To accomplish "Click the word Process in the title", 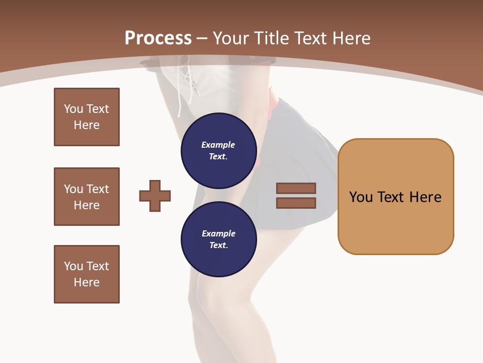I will click(x=158, y=38).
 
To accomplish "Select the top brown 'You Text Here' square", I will click(x=87, y=117).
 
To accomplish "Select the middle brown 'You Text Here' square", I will click(x=87, y=197).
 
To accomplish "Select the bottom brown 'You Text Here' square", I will click(x=87, y=274).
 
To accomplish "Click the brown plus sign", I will click(x=155, y=196).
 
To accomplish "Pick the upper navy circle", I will click(x=219, y=151).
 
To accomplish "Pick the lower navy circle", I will click(x=219, y=239).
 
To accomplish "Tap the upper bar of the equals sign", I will click(x=296, y=188).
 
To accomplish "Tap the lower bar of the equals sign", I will click(x=296, y=203).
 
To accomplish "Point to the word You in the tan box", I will click(x=361, y=197).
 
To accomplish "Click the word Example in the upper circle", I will click(x=218, y=145).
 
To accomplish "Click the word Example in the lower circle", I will click(x=218, y=233).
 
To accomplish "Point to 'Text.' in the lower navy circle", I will click(x=218, y=246).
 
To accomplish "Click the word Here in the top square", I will click(x=87, y=125).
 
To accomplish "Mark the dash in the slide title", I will click(x=202, y=38).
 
